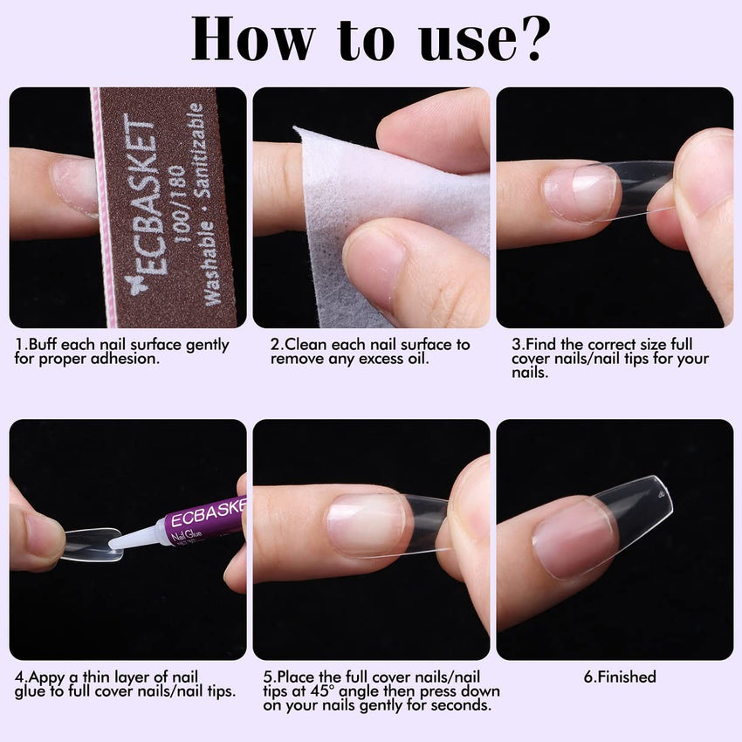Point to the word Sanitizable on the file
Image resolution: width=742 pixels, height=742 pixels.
(x=201, y=149)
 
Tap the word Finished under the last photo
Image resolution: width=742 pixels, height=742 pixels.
(x=627, y=677)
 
